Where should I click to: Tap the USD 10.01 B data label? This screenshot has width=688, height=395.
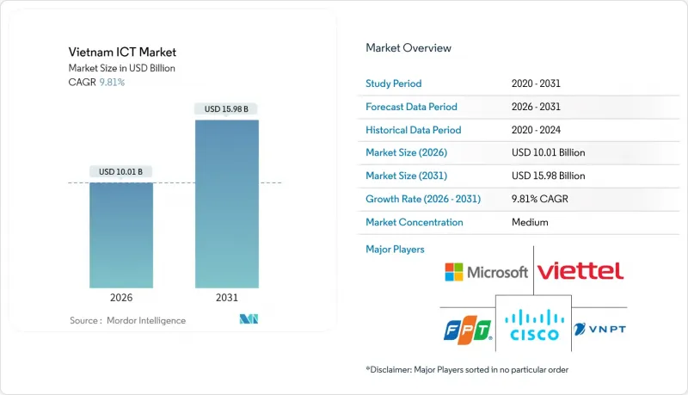121,172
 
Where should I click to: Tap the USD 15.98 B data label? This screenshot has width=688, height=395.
227,109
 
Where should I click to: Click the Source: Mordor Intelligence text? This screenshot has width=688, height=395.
127,321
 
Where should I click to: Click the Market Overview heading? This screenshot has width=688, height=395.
408,48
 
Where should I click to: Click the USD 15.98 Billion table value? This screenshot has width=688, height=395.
548,176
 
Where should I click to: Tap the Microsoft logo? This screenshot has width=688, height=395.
486,273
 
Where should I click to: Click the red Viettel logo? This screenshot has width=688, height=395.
580,272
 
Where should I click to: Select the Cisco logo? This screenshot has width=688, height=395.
533,326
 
